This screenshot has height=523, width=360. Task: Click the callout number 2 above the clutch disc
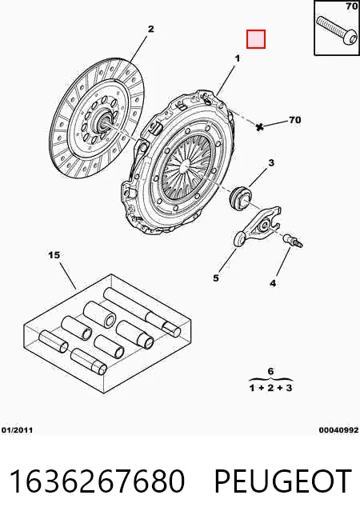click(x=151, y=29)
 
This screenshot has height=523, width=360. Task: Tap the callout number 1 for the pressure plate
click(x=238, y=58)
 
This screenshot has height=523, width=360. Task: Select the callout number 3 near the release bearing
click(x=271, y=163)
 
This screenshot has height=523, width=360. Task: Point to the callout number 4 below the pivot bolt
click(x=273, y=283)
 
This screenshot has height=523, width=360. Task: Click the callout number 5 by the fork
click(x=216, y=277)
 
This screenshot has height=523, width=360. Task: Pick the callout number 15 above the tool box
click(x=54, y=255)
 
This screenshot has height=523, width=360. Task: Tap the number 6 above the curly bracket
click(x=270, y=371)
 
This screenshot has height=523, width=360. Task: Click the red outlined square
click(x=256, y=39)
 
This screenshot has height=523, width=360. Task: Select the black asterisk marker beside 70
click(x=260, y=126)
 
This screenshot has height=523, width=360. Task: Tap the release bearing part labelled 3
click(x=238, y=199)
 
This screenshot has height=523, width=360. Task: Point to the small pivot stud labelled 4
click(x=293, y=241)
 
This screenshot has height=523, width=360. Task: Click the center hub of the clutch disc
click(x=105, y=121)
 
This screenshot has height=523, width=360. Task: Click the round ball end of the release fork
click(x=240, y=239)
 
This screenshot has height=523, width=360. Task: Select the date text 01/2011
click(x=17, y=430)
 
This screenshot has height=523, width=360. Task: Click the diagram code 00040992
click(x=338, y=430)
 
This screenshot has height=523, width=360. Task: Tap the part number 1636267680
click(x=97, y=481)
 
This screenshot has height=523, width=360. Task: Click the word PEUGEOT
click(x=283, y=481)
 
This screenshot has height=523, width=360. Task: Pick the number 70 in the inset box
click(x=351, y=6)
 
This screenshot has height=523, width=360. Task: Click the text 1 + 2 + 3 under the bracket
click(x=270, y=388)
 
